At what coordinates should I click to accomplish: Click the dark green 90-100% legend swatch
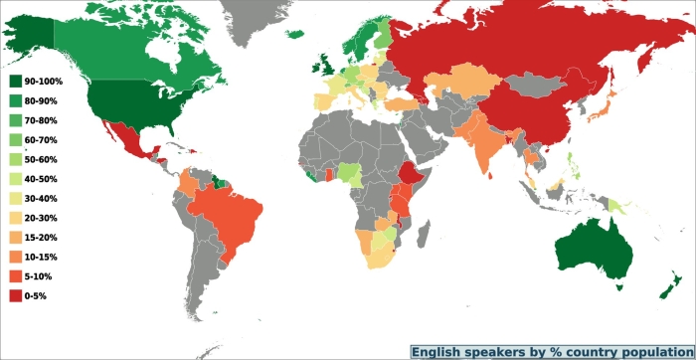(x=16, y=79)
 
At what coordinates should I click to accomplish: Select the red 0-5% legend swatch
(x=16, y=296)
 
